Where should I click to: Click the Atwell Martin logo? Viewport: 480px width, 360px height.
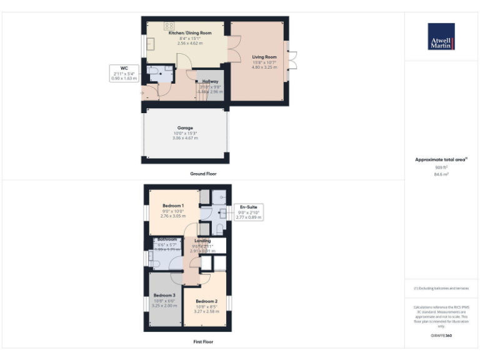(x=441, y=37)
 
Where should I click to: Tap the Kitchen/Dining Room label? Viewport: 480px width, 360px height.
(x=190, y=32)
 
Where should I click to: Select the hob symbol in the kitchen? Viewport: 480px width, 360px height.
(x=169, y=26)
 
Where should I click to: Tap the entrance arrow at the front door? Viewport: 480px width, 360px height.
(x=142, y=94)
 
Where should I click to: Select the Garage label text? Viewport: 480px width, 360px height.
(x=185, y=128)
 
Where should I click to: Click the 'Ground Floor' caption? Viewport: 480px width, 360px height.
(x=203, y=174)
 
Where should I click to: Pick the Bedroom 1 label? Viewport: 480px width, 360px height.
(x=173, y=206)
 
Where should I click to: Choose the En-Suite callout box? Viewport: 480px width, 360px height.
(x=248, y=211)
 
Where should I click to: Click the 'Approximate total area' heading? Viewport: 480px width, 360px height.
(x=441, y=160)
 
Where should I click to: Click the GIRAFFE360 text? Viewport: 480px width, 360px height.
(x=441, y=336)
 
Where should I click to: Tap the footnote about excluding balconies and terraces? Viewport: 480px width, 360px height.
(x=441, y=288)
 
